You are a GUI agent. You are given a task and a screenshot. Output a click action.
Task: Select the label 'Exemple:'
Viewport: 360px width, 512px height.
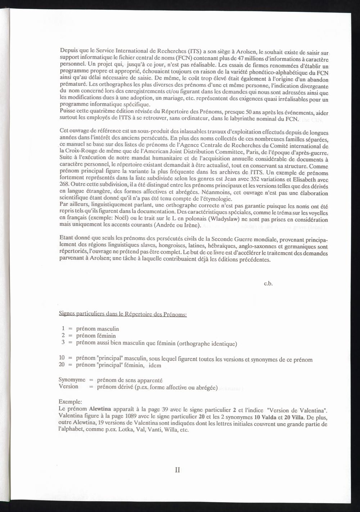click(70, 402)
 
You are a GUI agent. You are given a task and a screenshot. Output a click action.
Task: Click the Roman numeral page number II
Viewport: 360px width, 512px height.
click(177, 470)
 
